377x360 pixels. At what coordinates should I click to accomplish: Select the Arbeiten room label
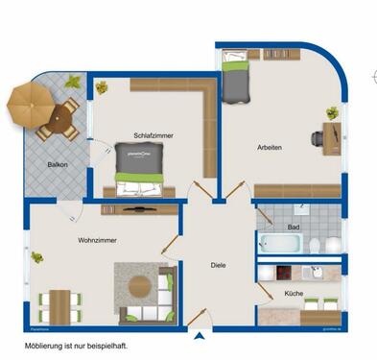click(x=270, y=147)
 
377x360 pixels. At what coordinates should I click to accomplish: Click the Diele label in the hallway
click(x=219, y=264)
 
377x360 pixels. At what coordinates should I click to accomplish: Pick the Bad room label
click(x=294, y=228)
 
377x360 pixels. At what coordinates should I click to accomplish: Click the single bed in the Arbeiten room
click(x=235, y=78)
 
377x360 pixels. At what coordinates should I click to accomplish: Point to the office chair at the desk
click(x=318, y=138)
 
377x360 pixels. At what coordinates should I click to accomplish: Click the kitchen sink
click(x=312, y=273)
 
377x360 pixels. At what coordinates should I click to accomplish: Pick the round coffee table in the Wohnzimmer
click(x=142, y=285)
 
